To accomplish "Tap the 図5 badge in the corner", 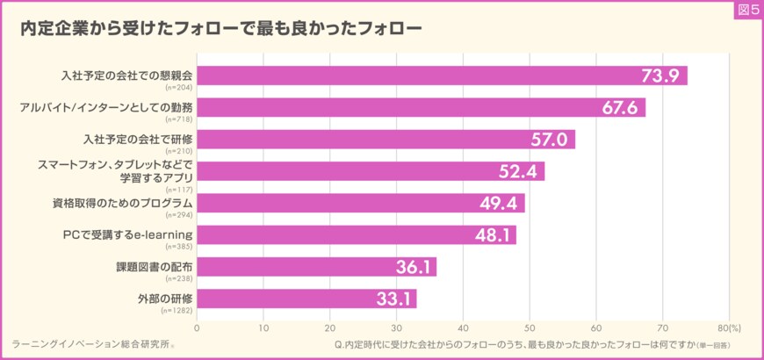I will tap(747, 9).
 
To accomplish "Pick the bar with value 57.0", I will tap(386, 140).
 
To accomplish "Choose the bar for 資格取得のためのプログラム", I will tap(360, 203).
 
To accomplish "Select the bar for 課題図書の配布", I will tap(316, 267).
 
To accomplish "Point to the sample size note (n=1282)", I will tap(179, 311).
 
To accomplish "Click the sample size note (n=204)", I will tap(179, 88).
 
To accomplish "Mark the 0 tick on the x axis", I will tap(197, 328).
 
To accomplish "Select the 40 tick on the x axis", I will tap(463, 328).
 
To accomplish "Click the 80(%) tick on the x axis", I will tap(729, 328).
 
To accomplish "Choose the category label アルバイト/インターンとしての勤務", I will tap(106, 106).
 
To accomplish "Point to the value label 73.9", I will tap(661, 76).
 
